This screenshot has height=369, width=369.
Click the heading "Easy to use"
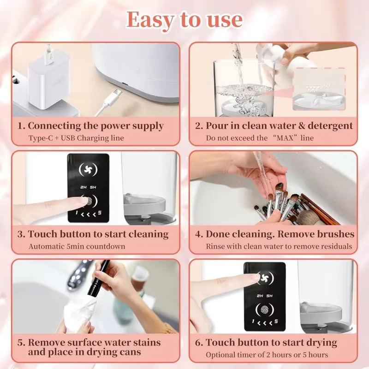pos(184,19)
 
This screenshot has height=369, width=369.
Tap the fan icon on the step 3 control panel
pos(88,169)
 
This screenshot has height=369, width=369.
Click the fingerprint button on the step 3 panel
pos(87,200)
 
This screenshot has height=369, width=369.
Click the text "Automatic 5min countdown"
pos(77,246)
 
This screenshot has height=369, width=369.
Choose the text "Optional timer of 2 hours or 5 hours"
pos(267,355)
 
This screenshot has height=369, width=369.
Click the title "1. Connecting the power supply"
pos(90,125)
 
